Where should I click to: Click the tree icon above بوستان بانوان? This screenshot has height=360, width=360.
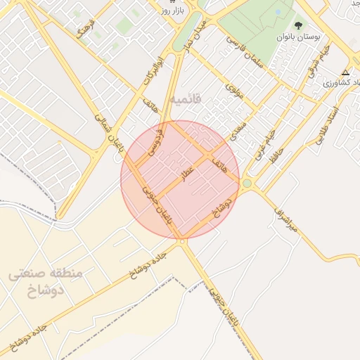coord(299,24)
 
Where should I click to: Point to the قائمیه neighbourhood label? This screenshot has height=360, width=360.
coord(185,100)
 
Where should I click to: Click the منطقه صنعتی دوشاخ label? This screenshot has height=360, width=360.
coord(46,281)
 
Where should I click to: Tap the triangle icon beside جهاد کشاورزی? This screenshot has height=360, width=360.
coord(345,72)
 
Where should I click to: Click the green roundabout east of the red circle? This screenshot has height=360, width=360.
coord(247,184)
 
